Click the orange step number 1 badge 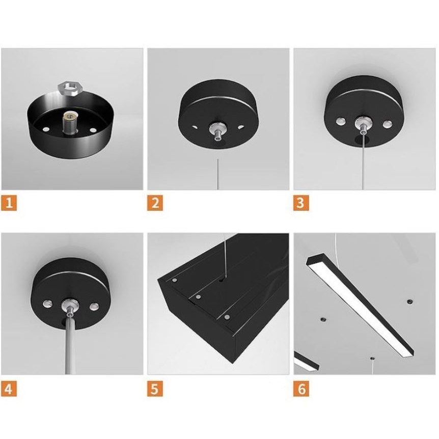coord(9,202)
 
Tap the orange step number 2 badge coord(155,202)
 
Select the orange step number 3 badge coord(301,202)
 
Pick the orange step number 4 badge coord(9,389)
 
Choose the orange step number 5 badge coord(155,389)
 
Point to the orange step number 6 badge coord(301,389)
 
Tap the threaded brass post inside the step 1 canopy coord(69,123)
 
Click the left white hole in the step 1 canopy coord(46,129)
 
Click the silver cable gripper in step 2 coord(217,131)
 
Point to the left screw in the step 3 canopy coord(340,121)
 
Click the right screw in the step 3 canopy coord(388,124)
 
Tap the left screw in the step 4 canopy coord(47,303)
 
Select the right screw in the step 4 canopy coord(94,306)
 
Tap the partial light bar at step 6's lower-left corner coord(306,362)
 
